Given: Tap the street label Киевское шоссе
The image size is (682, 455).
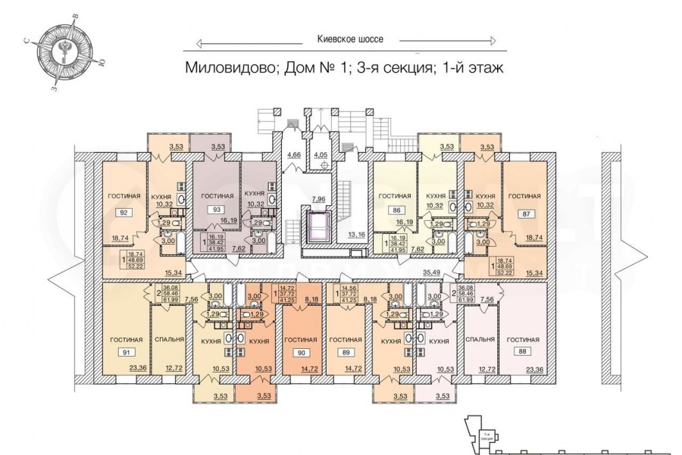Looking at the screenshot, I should click(349, 39).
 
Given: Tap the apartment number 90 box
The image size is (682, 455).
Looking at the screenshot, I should click(301, 352).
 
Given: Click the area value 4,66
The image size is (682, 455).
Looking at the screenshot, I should click(293, 154).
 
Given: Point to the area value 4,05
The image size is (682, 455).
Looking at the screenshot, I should click(321, 154).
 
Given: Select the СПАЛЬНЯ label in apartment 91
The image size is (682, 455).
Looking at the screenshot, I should click(168, 340).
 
